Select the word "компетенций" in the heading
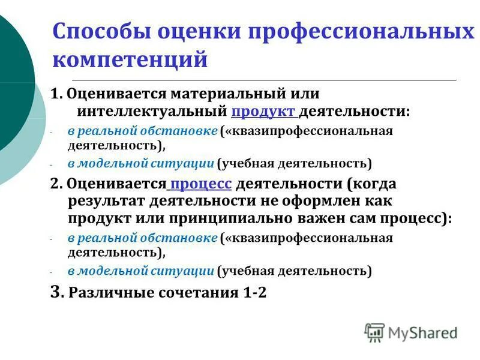point(130,59)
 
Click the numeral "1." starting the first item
point(56,95)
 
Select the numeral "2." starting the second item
point(56,184)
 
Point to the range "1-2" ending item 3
point(253,293)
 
